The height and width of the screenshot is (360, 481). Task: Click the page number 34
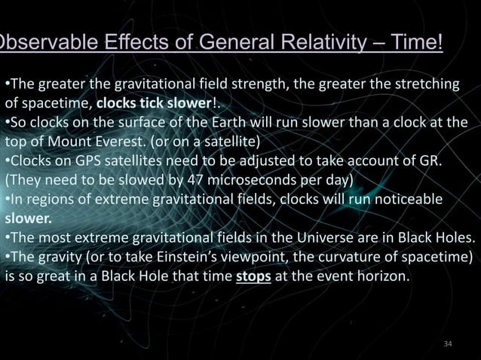click(449, 344)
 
